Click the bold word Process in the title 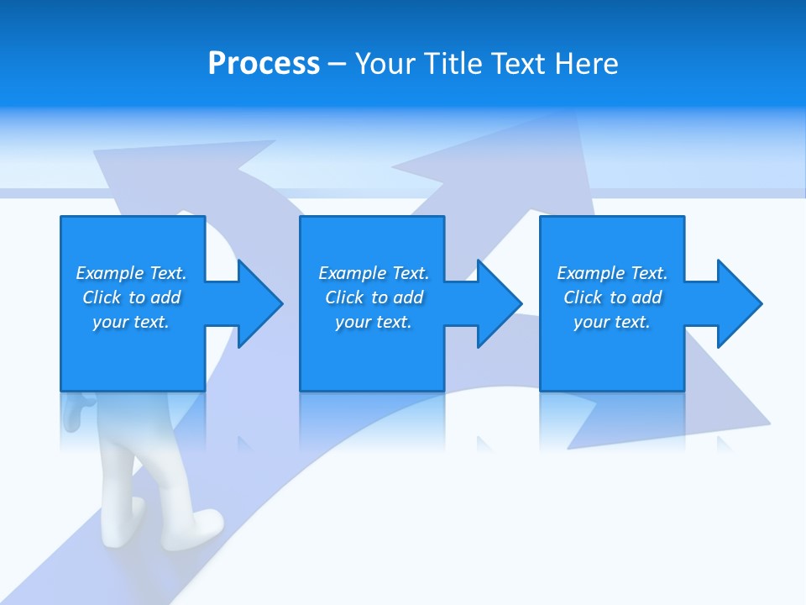(x=264, y=64)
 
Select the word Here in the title (x=588, y=64)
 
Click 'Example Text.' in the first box (x=131, y=273)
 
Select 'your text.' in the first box (x=131, y=322)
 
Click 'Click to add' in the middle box (x=374, y=297)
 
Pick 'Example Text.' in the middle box (x=374, y=273)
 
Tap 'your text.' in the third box (x=612, y=322)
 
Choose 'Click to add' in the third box (x=612, y=297)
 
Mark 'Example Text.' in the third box (x=612, y=273)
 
